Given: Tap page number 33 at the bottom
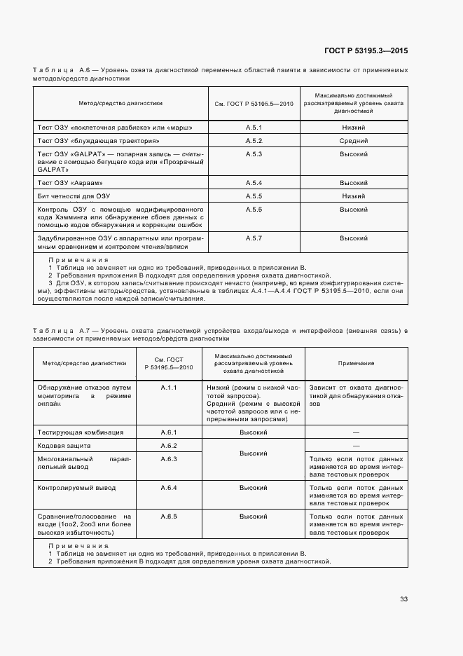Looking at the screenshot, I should click(x=403, y=599).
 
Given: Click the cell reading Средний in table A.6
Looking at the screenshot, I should click(x=354, y=141).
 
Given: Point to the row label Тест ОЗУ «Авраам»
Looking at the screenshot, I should click(x=74, y=183).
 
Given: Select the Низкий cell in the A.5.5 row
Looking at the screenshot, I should click(x=354, y=196).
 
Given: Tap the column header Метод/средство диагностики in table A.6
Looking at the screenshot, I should click(x=120, y=103).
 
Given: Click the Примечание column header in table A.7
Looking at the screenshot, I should click(x=356, y=363).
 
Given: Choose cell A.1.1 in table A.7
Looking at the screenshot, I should click(x=169, y=387).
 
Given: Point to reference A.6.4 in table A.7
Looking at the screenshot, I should click(x=169, y=487).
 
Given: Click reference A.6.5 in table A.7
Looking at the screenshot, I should click(x=169, y=517).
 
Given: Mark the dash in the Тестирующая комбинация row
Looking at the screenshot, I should click(x=356, y=432).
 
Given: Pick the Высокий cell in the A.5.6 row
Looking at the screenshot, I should click(x=354, y=210).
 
